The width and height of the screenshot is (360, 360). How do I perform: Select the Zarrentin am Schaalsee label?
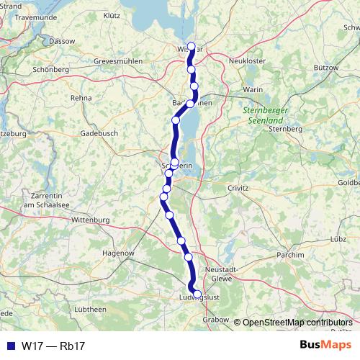coord(45,200)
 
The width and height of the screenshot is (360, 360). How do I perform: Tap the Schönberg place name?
coord(50,70)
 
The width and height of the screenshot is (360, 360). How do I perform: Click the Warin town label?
coord(253,89)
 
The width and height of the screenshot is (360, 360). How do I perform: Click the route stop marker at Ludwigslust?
coord(197,293)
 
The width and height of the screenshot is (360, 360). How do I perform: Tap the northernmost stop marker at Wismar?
coord(191,46)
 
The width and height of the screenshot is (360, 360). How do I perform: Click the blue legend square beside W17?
coord(10,346)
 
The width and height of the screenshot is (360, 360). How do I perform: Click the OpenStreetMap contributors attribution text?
coord(297,322)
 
